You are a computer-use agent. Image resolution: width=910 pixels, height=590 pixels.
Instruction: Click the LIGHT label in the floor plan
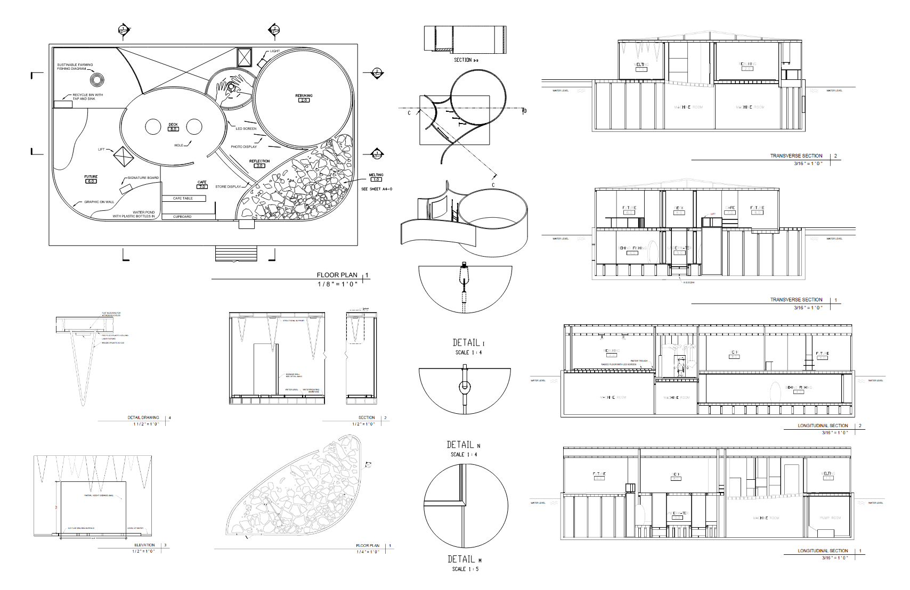coord(274,51)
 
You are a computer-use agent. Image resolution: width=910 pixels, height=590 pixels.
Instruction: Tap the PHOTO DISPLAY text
coord(243,146)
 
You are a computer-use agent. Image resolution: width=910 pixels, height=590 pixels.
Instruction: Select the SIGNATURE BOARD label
coord(142,178)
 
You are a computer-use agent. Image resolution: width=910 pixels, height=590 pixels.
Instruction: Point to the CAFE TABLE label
coord(183,198)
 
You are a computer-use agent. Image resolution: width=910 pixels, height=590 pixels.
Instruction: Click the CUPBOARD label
coord(182,217)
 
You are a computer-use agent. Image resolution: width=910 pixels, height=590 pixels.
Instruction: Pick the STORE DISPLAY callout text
coord(228,187)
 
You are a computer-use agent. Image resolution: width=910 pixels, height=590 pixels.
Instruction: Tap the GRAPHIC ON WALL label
coord(99,202)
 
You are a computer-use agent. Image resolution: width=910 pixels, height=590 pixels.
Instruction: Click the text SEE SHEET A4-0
coord(376,189)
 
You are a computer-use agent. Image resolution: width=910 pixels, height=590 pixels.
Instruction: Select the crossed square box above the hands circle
coord(244,57)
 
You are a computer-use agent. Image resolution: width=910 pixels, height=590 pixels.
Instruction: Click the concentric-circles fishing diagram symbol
coord(96,80)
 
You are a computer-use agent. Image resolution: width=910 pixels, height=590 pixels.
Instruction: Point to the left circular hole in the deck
coord(153,127)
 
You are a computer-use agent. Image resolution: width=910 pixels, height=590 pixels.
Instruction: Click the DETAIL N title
coord(463,445)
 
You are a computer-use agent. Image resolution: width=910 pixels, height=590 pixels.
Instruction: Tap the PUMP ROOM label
coord(829,518)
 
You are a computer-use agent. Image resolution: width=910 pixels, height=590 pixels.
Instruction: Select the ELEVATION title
coord(144,545)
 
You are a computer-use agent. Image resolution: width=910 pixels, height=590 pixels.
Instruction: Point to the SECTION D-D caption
coord(466,60)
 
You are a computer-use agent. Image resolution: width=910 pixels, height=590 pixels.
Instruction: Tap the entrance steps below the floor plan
coord(235,254)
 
